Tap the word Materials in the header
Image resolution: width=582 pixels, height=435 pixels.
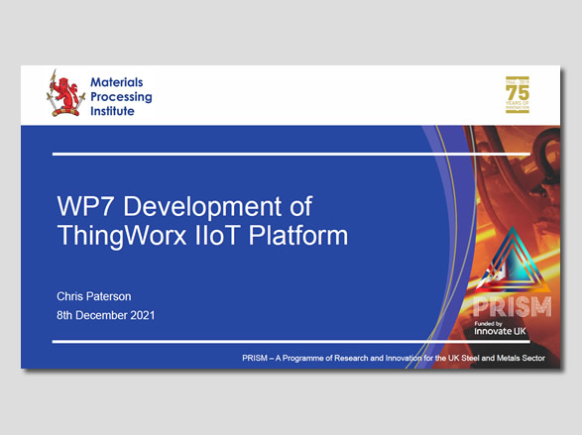pos(118,81)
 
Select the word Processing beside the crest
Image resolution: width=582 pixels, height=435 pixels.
pos(123,96)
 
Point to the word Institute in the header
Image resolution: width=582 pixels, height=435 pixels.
pos(112,111)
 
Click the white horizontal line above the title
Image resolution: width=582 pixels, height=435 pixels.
pos(248,154)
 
